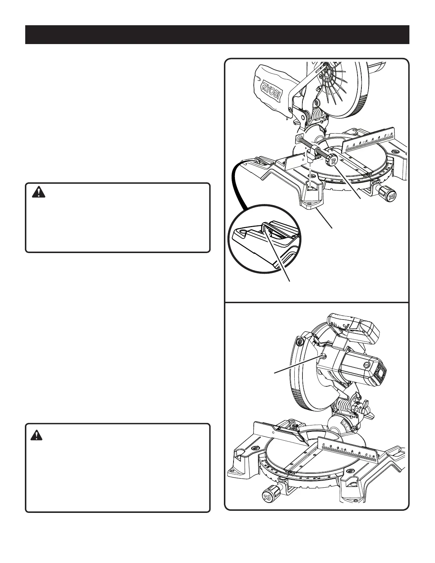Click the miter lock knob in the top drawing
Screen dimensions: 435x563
(387, 194)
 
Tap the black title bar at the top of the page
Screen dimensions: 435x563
(217, 34)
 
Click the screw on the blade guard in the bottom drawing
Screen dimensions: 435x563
(300, 342)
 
